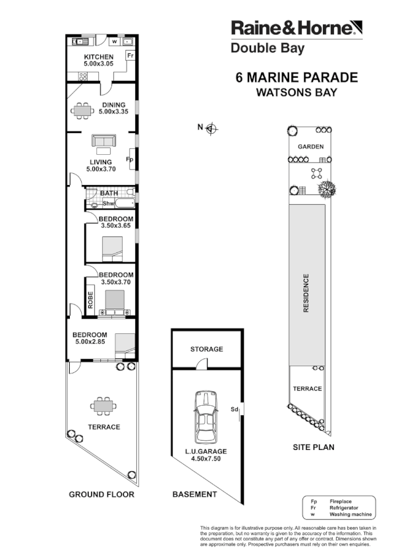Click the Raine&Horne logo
pos(297,28)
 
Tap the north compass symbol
pos(212,128)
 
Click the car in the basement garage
pos(206,417)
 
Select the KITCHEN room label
pos(99,57)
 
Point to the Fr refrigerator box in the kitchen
pos(130,55)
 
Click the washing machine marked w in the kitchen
pos(115,42)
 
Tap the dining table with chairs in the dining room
pos(82,111)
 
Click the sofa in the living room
pos(103,140)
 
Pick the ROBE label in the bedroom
pos(90,300)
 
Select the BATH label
pos(109,193)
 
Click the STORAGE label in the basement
pos(206,349)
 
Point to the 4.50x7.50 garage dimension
pos(206,459)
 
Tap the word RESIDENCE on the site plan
pos(306,293)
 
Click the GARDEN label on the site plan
pos(310,146)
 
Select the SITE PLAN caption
pos(314,447)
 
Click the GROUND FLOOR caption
pos(101,494)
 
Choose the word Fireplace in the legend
pos(341,501)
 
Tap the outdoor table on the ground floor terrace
pos(103,406)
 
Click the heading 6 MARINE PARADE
pos(297,78)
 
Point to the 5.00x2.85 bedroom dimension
pos(90,341)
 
